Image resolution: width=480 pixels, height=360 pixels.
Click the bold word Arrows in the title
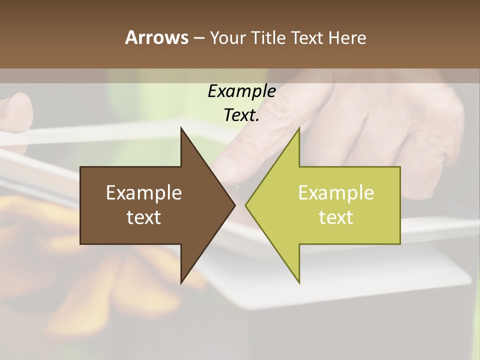[156, 37]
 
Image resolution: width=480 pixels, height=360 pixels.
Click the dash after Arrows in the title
[198, 38]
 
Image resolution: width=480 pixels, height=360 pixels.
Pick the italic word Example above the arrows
[241, 91]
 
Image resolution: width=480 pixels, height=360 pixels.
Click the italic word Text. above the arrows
[241, 115]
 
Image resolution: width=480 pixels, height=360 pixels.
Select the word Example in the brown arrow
[144, 193]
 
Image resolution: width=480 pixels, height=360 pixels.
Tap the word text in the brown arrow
[144, 217]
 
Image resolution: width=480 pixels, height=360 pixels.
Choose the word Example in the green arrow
[336, 193]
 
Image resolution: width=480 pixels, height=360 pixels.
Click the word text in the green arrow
[336, 217]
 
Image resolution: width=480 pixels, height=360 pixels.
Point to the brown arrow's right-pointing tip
[234, 205]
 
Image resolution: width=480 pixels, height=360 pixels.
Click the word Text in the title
[305, 37]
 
